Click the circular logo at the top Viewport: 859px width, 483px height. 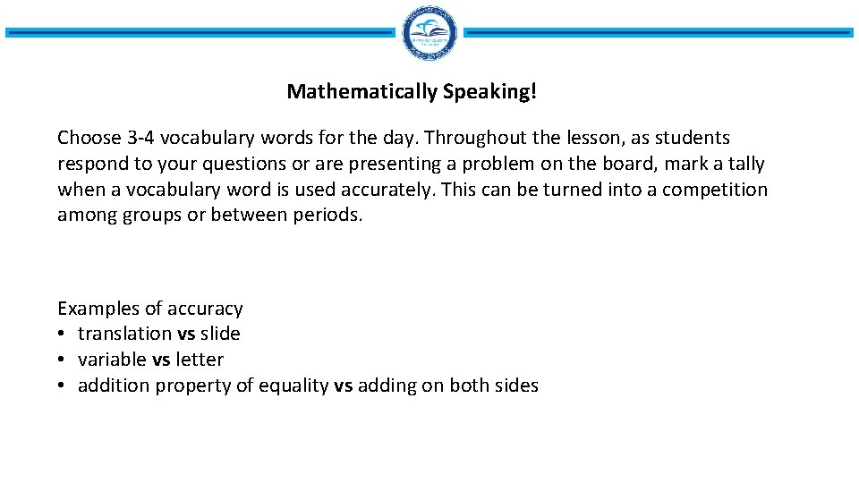coord(429,32)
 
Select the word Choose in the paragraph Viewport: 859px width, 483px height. coord(89,138)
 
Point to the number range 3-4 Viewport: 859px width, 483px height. coord(144,138)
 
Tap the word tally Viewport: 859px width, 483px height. coord(743,164)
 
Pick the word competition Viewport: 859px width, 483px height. coord(714,190)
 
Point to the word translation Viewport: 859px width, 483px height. coord(124,334)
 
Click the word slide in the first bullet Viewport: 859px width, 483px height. coord(220,334)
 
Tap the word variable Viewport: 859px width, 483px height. coord(112,360)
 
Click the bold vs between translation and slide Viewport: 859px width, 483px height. coord(186,334)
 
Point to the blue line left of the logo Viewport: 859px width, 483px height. coord(199,33)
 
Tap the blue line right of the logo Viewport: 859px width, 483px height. coord(659,33)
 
